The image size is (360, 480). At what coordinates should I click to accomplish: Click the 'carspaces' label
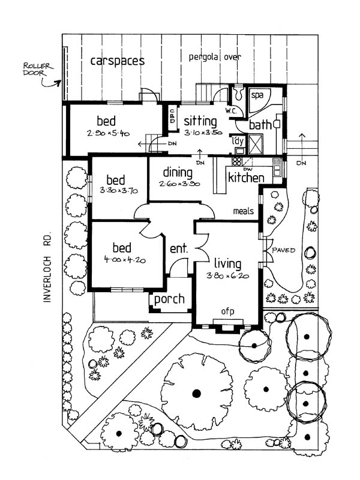[118, 61]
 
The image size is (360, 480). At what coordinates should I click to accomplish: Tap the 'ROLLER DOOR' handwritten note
[37, 69]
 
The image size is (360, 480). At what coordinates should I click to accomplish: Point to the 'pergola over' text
[215, 58]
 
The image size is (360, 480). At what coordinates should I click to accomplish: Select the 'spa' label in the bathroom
[257, 95]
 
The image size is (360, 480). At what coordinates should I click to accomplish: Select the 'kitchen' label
[246, 178]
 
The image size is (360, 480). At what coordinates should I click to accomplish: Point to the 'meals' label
[244, 211]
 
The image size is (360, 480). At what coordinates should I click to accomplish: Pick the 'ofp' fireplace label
[227, 311]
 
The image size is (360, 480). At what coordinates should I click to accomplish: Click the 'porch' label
[170, 299]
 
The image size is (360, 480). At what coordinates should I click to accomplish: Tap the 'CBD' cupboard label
[172, 118]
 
